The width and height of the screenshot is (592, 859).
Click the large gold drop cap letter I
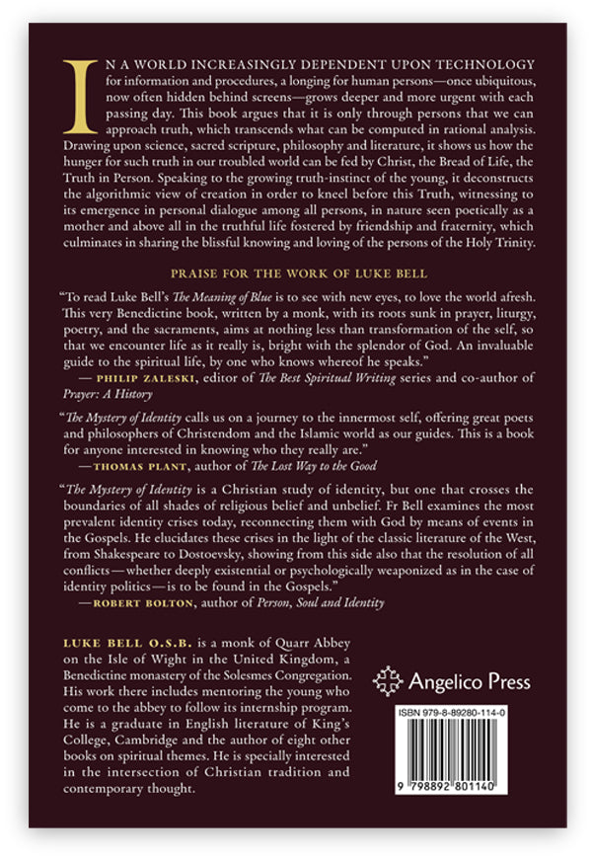coord(79,97)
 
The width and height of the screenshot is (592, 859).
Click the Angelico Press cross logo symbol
coord(392,682)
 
